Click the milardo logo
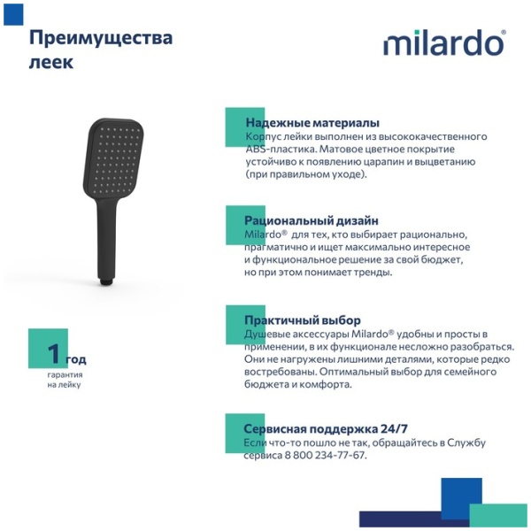(x=444, y=42)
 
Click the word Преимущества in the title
(x=101, y=39)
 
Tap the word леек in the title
(x=51, y=62)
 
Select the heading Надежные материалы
(x=312, y=123)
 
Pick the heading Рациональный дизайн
(x=312, y=220)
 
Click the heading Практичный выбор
(x=303, y=320)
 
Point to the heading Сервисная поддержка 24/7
(x=326, y=428)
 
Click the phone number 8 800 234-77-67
(x=325, y=455)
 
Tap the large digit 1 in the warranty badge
(x=54, y=353)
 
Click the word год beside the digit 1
(x=76, y=359)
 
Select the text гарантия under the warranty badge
(x=65, y=375)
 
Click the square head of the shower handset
(x=113, y=158)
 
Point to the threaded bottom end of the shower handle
(x=107, y=281)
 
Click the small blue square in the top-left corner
(x=13, y=14)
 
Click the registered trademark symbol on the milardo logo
(x=504, y=32)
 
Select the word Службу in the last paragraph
(x=466, y=442)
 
